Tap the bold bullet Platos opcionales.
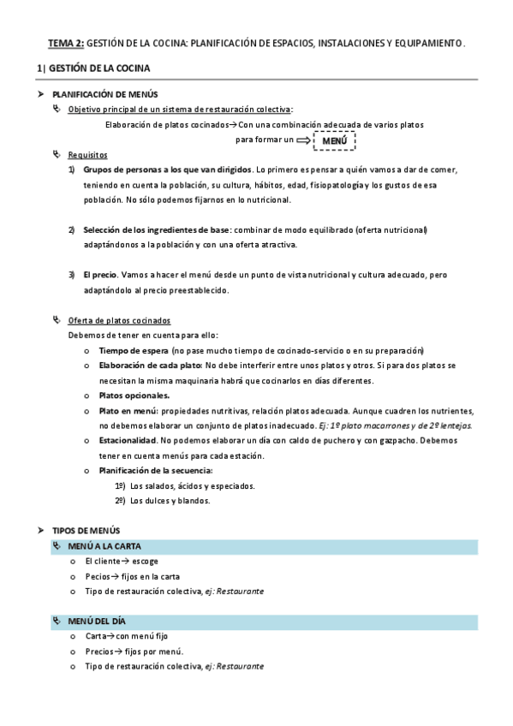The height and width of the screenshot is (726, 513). [x=134, y=396]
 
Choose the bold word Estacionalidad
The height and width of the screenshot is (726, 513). [x=132, y=441]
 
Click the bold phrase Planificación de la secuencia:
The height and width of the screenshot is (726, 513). [x=156, y=471]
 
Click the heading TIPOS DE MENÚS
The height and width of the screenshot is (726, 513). [x=86, y=531]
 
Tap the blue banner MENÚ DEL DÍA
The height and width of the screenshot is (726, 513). [x=99, y=621]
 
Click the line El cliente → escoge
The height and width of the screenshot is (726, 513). [x=121, y=561]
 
